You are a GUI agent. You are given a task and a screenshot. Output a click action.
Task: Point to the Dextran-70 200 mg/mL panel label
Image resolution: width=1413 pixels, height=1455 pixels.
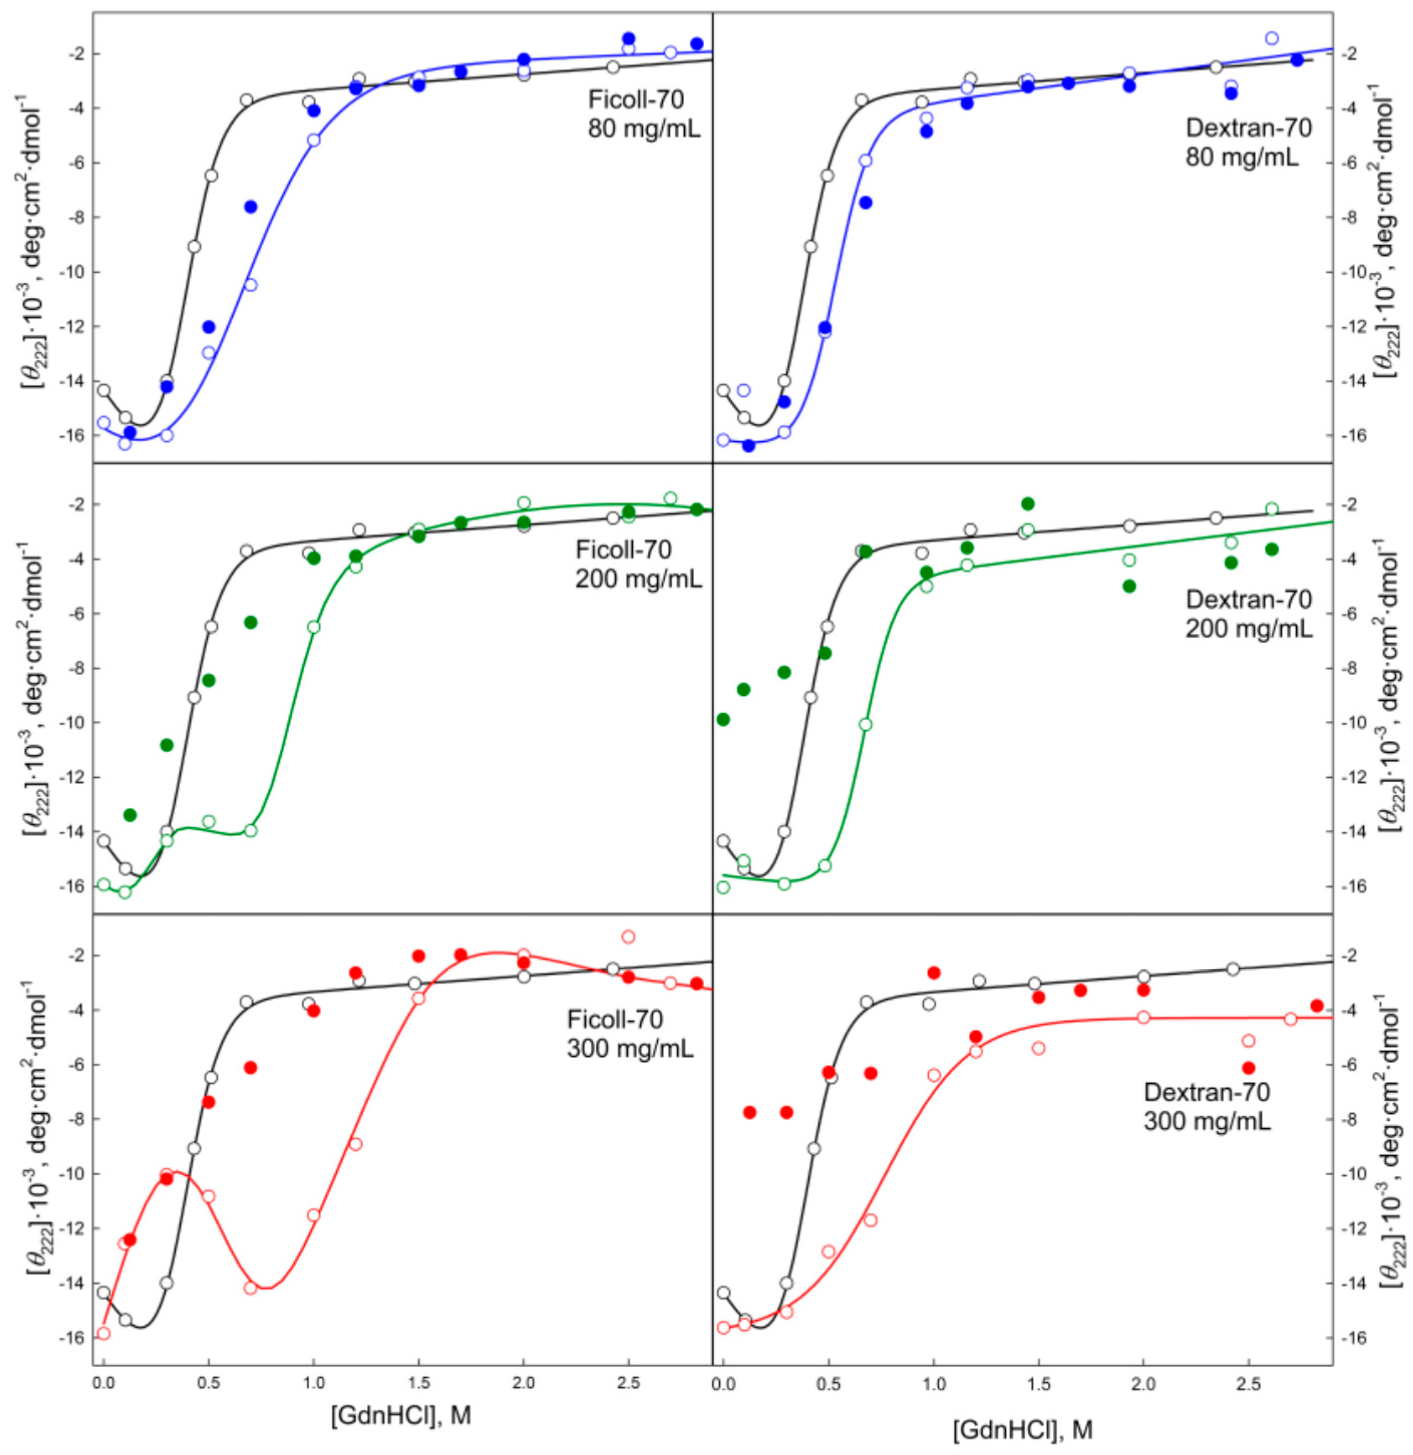[1249, 613]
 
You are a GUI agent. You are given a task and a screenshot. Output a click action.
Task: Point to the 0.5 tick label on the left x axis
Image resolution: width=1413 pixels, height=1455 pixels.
[210, 1342]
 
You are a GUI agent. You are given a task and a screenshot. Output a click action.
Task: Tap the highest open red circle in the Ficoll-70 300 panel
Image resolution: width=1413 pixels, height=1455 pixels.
[629, 937]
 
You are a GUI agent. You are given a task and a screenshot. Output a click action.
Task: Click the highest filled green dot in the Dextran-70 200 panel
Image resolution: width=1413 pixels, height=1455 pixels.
[1028, 504]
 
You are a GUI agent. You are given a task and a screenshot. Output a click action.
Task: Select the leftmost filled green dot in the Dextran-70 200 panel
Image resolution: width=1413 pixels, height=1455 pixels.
[724, 718]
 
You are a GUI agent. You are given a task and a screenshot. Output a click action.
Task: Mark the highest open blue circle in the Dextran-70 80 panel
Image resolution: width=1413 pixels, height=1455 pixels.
[1271, 38]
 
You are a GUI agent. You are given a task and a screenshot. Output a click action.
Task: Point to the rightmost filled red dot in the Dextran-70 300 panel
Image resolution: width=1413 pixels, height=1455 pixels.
[1317, 1006]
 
